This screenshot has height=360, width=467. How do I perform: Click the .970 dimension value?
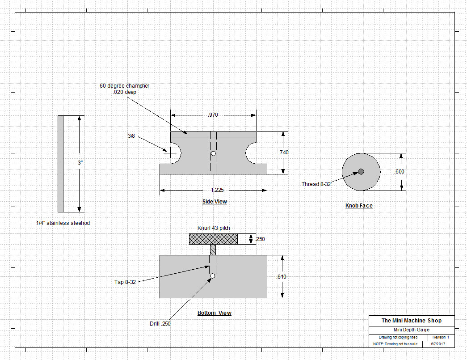point(213,115)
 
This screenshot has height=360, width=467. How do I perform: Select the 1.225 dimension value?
point(214,190)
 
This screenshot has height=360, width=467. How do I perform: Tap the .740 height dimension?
point(283,152)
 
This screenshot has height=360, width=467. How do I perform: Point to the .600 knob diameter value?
point(399,172)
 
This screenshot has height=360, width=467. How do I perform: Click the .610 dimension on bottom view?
point(282,276)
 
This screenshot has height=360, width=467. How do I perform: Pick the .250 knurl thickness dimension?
point(260,239)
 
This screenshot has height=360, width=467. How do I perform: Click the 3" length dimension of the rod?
point(80,163)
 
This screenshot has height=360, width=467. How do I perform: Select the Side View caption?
point(215,202)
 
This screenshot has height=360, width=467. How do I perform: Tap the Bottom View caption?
point(215,313)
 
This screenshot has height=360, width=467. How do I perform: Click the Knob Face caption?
point(359,206)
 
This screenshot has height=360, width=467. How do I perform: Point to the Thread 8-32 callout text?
point(316,184)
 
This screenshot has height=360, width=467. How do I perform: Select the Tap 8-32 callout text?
point(125,282)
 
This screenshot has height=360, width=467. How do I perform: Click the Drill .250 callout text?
point(160,323)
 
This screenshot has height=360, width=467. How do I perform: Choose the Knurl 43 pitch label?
point(214,228)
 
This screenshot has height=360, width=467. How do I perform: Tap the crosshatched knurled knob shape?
point(213,239)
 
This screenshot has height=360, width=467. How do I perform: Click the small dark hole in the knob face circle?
point(361,172)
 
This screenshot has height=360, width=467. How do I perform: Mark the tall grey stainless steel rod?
point(60,164)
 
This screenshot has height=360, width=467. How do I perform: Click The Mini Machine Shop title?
point(411,320)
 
